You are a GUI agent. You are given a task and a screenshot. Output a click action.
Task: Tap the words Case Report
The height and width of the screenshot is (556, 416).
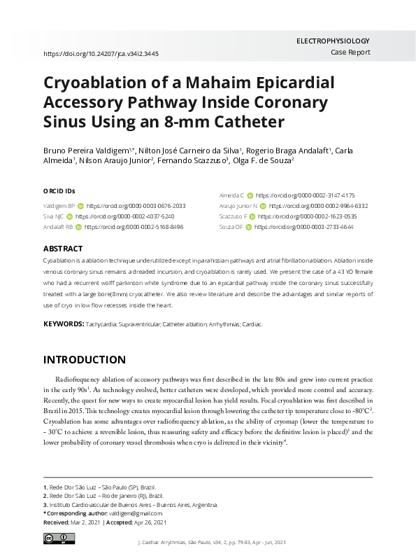pyautogui.click(x=350, y=53)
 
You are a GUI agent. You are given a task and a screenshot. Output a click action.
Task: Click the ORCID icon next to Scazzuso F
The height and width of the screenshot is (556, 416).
pyautogui.click(x=252, y=217)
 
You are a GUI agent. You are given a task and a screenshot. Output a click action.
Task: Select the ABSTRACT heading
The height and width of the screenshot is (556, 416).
pyautogui.click(x=63, y=249)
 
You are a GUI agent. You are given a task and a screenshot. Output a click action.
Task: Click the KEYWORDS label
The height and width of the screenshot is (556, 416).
pyautogui.click(x=63, y=325)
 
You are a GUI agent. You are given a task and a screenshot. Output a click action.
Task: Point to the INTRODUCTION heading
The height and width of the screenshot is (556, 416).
pyautogui.click(x=85, y=360)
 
